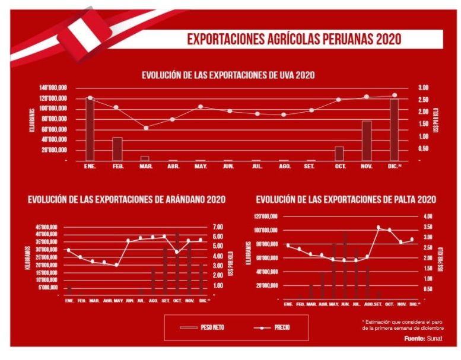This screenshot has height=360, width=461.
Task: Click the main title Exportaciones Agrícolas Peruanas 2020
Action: point(294,39)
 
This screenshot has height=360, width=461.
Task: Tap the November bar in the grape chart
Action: point(367,141)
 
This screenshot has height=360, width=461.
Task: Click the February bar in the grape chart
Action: point(117,149)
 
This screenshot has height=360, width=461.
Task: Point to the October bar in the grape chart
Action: point(339,153)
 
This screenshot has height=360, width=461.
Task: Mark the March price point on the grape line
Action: point(145,128)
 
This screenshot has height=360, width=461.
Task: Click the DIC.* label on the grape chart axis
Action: point(395,167)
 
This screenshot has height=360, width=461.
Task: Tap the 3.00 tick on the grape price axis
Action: point(422,88)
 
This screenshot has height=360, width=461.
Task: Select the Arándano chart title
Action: point(126,199)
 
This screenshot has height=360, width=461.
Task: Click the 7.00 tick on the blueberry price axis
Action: point(217,227)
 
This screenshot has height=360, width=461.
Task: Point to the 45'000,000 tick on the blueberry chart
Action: point(46,227)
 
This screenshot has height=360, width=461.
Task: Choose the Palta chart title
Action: point(346,199)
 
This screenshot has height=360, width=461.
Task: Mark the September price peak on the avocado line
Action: point(378,227)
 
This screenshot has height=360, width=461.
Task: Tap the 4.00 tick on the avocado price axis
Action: point(428,216)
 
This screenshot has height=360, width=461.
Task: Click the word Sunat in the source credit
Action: point(434,339)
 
